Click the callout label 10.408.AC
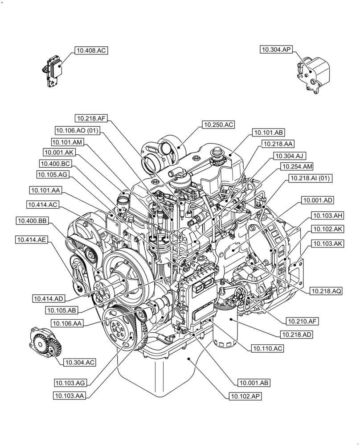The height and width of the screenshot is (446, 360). click(91, 51)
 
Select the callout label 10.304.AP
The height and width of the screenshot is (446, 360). click(276, 50)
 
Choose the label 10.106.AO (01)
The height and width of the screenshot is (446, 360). click(78, 130)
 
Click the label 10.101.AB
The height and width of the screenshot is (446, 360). click(268, 132)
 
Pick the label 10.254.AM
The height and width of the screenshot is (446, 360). click(297, 167)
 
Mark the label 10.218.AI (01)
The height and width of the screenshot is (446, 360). click(311, 178)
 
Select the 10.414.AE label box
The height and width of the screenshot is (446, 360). click(32, 240)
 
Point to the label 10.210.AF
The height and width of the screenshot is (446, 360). click(302, 321)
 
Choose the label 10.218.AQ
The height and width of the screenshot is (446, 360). click(327, 291)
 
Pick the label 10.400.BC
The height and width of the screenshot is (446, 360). click(55, 164)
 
